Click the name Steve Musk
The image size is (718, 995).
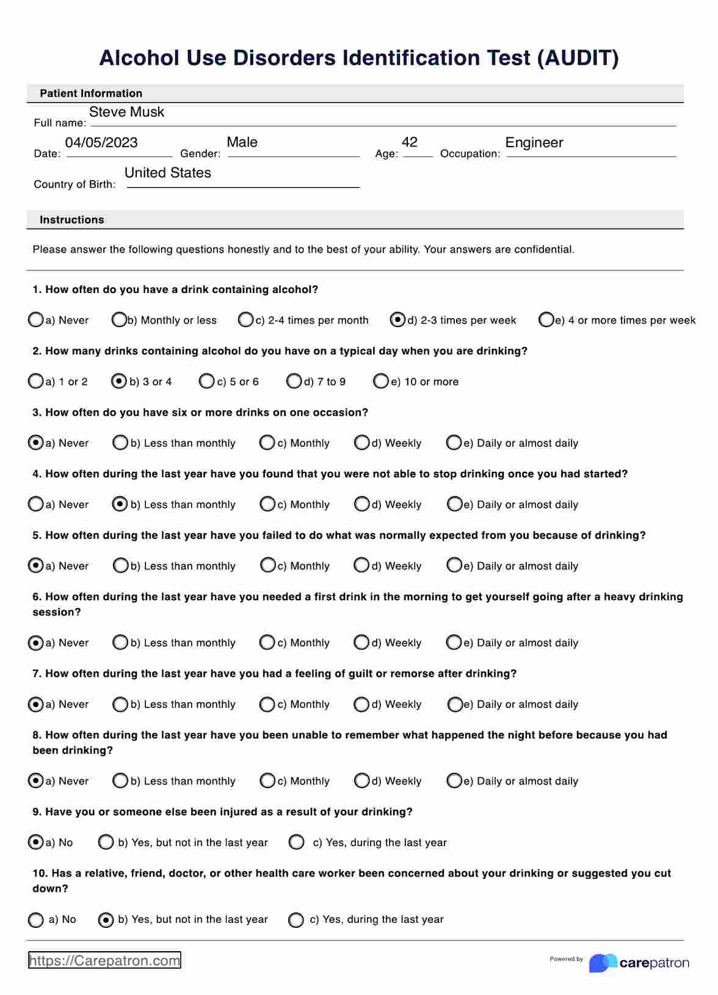126,112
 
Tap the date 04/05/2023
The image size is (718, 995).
101,143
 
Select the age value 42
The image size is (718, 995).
410,142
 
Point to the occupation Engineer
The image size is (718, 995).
534,143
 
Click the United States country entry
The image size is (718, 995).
168,173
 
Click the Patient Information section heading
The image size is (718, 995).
91,93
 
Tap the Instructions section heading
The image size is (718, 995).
72,220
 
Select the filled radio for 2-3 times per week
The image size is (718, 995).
397,320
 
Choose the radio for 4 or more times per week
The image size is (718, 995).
546,320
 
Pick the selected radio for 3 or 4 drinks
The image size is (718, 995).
119,382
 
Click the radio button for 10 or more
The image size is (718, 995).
381,382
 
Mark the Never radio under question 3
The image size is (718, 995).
36,443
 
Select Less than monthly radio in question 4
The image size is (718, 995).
120,504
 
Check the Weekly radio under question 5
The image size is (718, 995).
361,565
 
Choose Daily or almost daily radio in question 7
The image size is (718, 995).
454,704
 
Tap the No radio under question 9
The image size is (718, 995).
36,842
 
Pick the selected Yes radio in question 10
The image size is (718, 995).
106,919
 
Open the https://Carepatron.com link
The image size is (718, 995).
105,961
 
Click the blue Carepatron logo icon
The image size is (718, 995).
602,963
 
